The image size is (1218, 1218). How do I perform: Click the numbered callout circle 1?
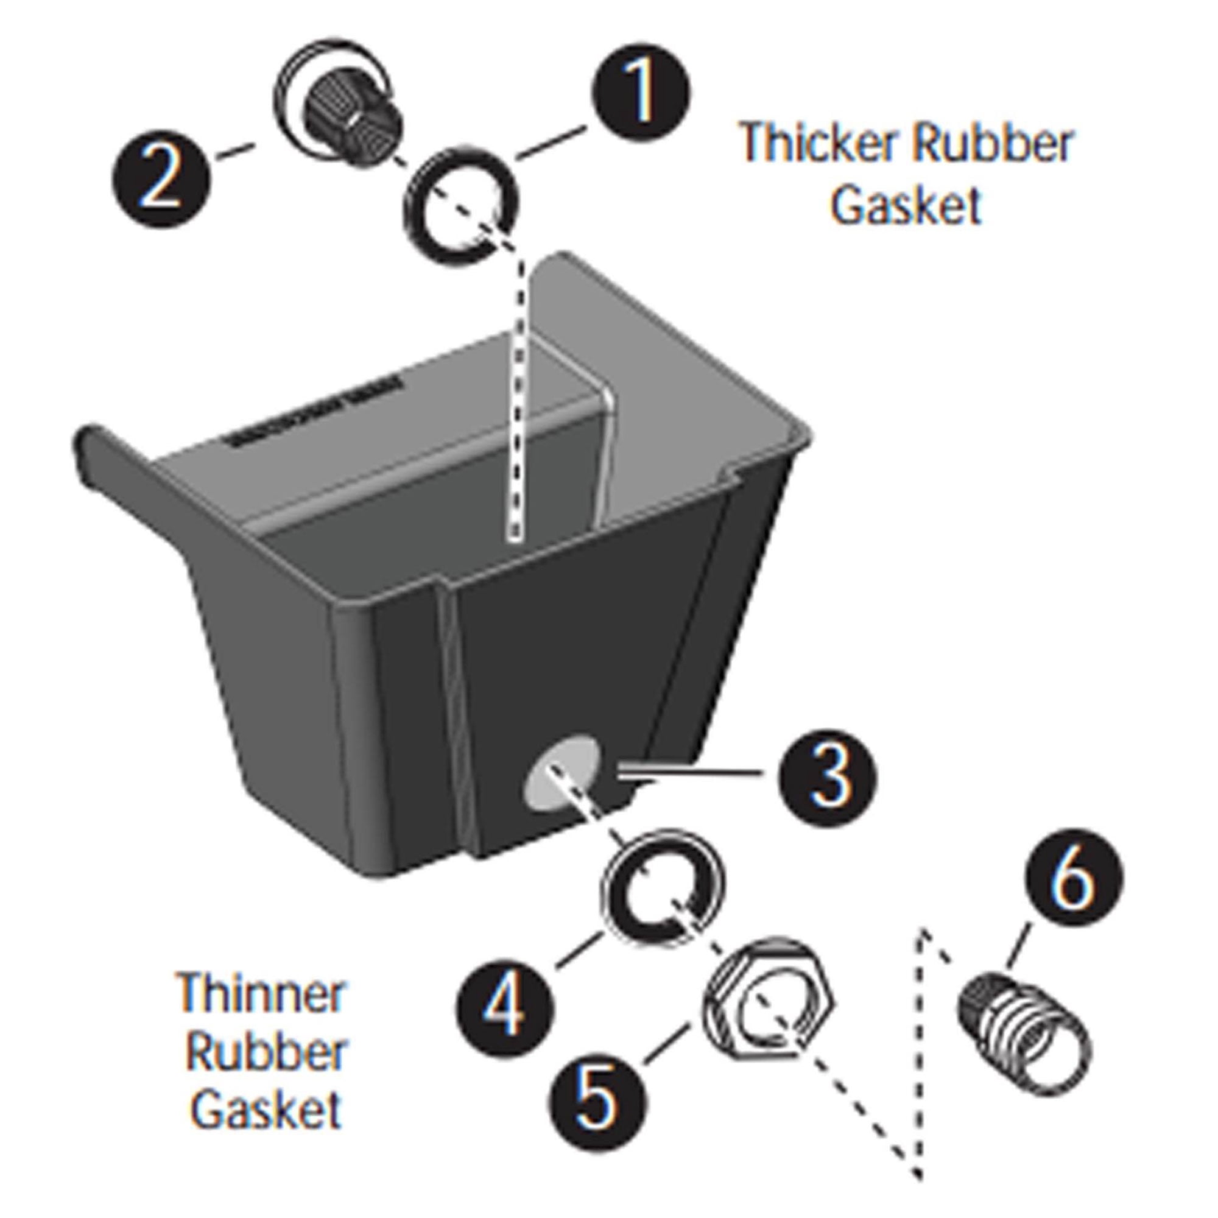tap(641, 94)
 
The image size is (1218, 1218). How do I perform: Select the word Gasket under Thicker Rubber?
tap(906, 205)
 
